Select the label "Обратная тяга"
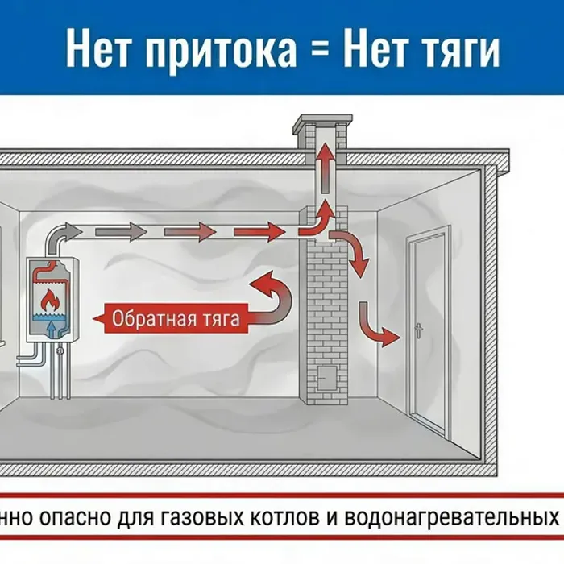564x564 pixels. click(x=176, y=318)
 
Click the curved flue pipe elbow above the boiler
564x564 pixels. click(x=56, y=237)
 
